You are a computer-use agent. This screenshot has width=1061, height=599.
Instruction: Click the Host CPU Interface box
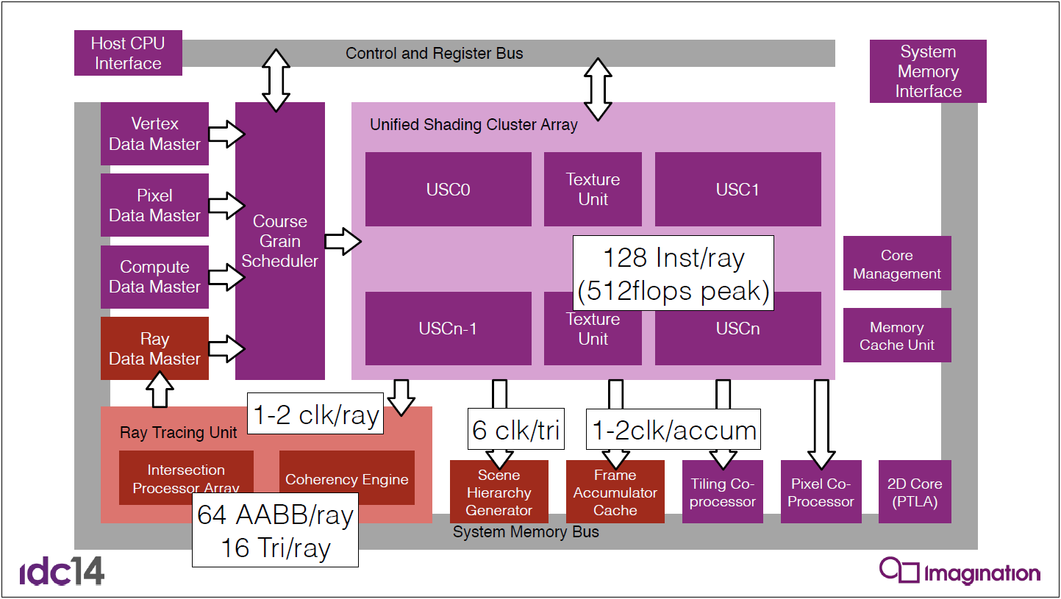coord(128,53)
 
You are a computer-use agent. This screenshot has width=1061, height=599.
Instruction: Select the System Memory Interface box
coord(928,71)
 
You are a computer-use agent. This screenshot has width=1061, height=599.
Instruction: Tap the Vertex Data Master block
coord(154,134)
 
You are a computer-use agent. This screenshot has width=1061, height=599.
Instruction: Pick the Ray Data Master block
coord(154,348)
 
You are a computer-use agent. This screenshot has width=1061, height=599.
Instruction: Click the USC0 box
coord(448,189)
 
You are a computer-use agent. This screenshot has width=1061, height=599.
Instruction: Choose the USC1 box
coord(738,189)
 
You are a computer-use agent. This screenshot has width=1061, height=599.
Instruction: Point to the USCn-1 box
coord(448,328)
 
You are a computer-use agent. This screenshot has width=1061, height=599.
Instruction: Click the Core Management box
coord(897,263)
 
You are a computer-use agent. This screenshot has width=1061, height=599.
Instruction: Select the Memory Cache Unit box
coord(897,335)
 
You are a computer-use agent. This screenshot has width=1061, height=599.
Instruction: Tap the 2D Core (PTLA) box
coord(915,492)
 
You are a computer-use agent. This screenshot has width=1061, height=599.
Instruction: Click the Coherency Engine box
coord(347,477)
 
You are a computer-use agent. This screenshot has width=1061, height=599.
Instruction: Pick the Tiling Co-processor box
coord(722,492)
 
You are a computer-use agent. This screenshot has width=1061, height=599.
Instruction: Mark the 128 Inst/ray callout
coord(673,273)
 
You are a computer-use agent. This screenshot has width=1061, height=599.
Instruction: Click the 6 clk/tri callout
coord(516,428)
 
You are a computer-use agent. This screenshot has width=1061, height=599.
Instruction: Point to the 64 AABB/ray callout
coord(275,530)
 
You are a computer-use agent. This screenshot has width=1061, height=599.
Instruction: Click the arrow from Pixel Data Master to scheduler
coord(226,206)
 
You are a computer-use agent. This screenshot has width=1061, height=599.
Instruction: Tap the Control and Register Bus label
coord(435,53)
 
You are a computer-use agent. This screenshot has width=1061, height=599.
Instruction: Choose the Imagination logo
coord(960,570)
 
